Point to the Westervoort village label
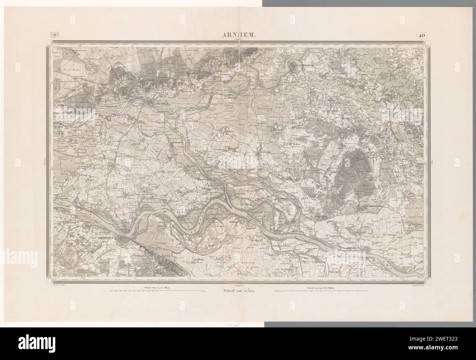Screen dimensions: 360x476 [x=191, y=119]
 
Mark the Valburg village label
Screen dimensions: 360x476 [x=84, y=175]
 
